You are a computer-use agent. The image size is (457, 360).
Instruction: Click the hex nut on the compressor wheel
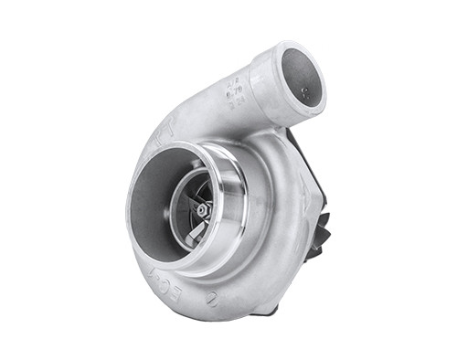(x=203, y=209)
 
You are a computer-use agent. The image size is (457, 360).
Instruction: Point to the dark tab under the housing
(x=265, y=310)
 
